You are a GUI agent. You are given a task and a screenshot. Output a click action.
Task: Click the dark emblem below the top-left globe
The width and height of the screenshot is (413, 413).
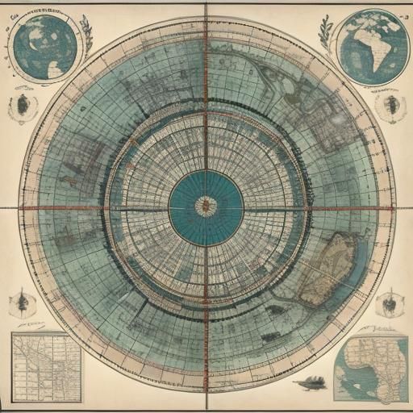point(22,106)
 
